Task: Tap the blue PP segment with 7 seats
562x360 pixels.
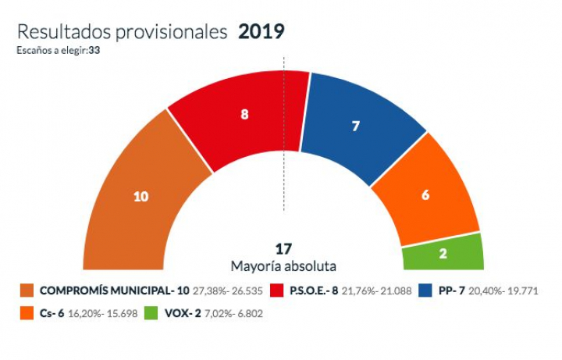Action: click(x=356, y=125)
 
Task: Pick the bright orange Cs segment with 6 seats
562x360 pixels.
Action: click(x=425, y=195)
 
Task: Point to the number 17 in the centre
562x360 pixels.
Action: click(x=283, y=249)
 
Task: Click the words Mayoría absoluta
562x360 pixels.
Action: click(x=283, y=266)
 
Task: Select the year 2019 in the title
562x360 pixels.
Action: click(x=261, y=32)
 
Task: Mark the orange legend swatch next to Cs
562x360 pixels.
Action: click(x=27, y=312)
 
